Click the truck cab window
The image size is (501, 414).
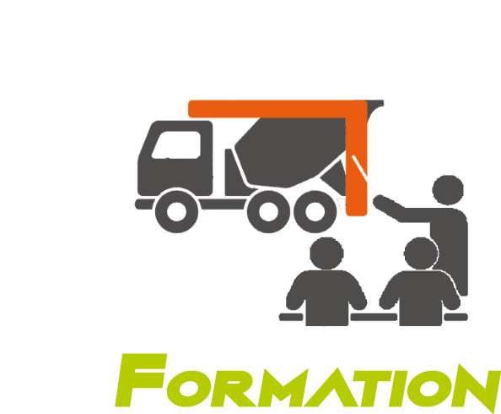point(176,144)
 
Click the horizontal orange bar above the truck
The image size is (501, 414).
point(277,109)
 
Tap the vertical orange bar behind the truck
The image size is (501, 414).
point(357,160)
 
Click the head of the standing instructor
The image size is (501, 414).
point(448,190)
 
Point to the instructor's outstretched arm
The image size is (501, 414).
point(402,209)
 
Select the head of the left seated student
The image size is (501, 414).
point(326,253)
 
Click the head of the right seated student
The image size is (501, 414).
point(421,253)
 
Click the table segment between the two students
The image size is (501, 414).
point(374,317)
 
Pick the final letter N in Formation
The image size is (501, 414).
point(476,388)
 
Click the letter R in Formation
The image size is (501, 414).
point(234,388)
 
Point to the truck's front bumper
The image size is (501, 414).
point(144,204)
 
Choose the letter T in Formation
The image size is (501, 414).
point(372,388)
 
